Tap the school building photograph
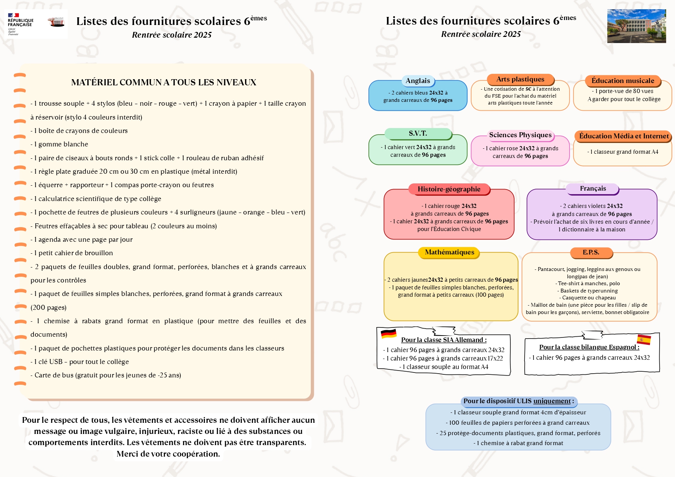636,26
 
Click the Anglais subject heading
418,81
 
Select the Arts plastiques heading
520,79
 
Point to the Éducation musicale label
622,81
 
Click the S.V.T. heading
418,133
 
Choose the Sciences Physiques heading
520,135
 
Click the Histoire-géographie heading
449,189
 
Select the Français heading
593,188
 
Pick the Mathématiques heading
449,252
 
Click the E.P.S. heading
591,253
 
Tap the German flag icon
388,334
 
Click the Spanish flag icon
643,339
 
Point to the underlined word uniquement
552,401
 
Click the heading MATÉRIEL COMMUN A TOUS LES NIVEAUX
163,82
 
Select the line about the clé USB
80,362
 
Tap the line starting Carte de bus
106,375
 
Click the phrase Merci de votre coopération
168,454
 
